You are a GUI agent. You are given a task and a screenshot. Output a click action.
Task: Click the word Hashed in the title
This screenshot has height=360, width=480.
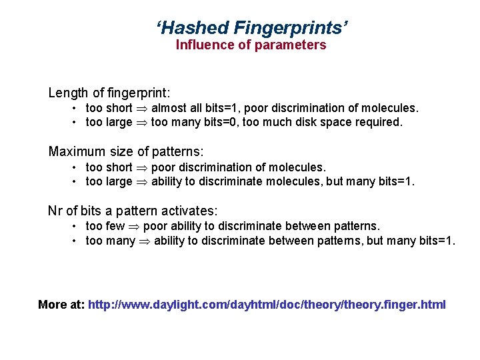coord(194,27)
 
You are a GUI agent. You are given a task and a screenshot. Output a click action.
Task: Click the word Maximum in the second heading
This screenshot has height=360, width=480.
coord(76,151)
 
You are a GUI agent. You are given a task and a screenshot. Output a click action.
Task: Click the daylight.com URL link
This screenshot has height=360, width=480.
coord(267,305)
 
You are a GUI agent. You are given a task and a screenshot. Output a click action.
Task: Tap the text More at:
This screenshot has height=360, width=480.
coord(61,305)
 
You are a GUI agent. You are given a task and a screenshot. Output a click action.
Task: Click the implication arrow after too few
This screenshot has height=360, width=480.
coord(134,227)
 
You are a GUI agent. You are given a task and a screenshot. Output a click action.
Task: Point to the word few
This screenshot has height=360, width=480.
coord(116,227)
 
